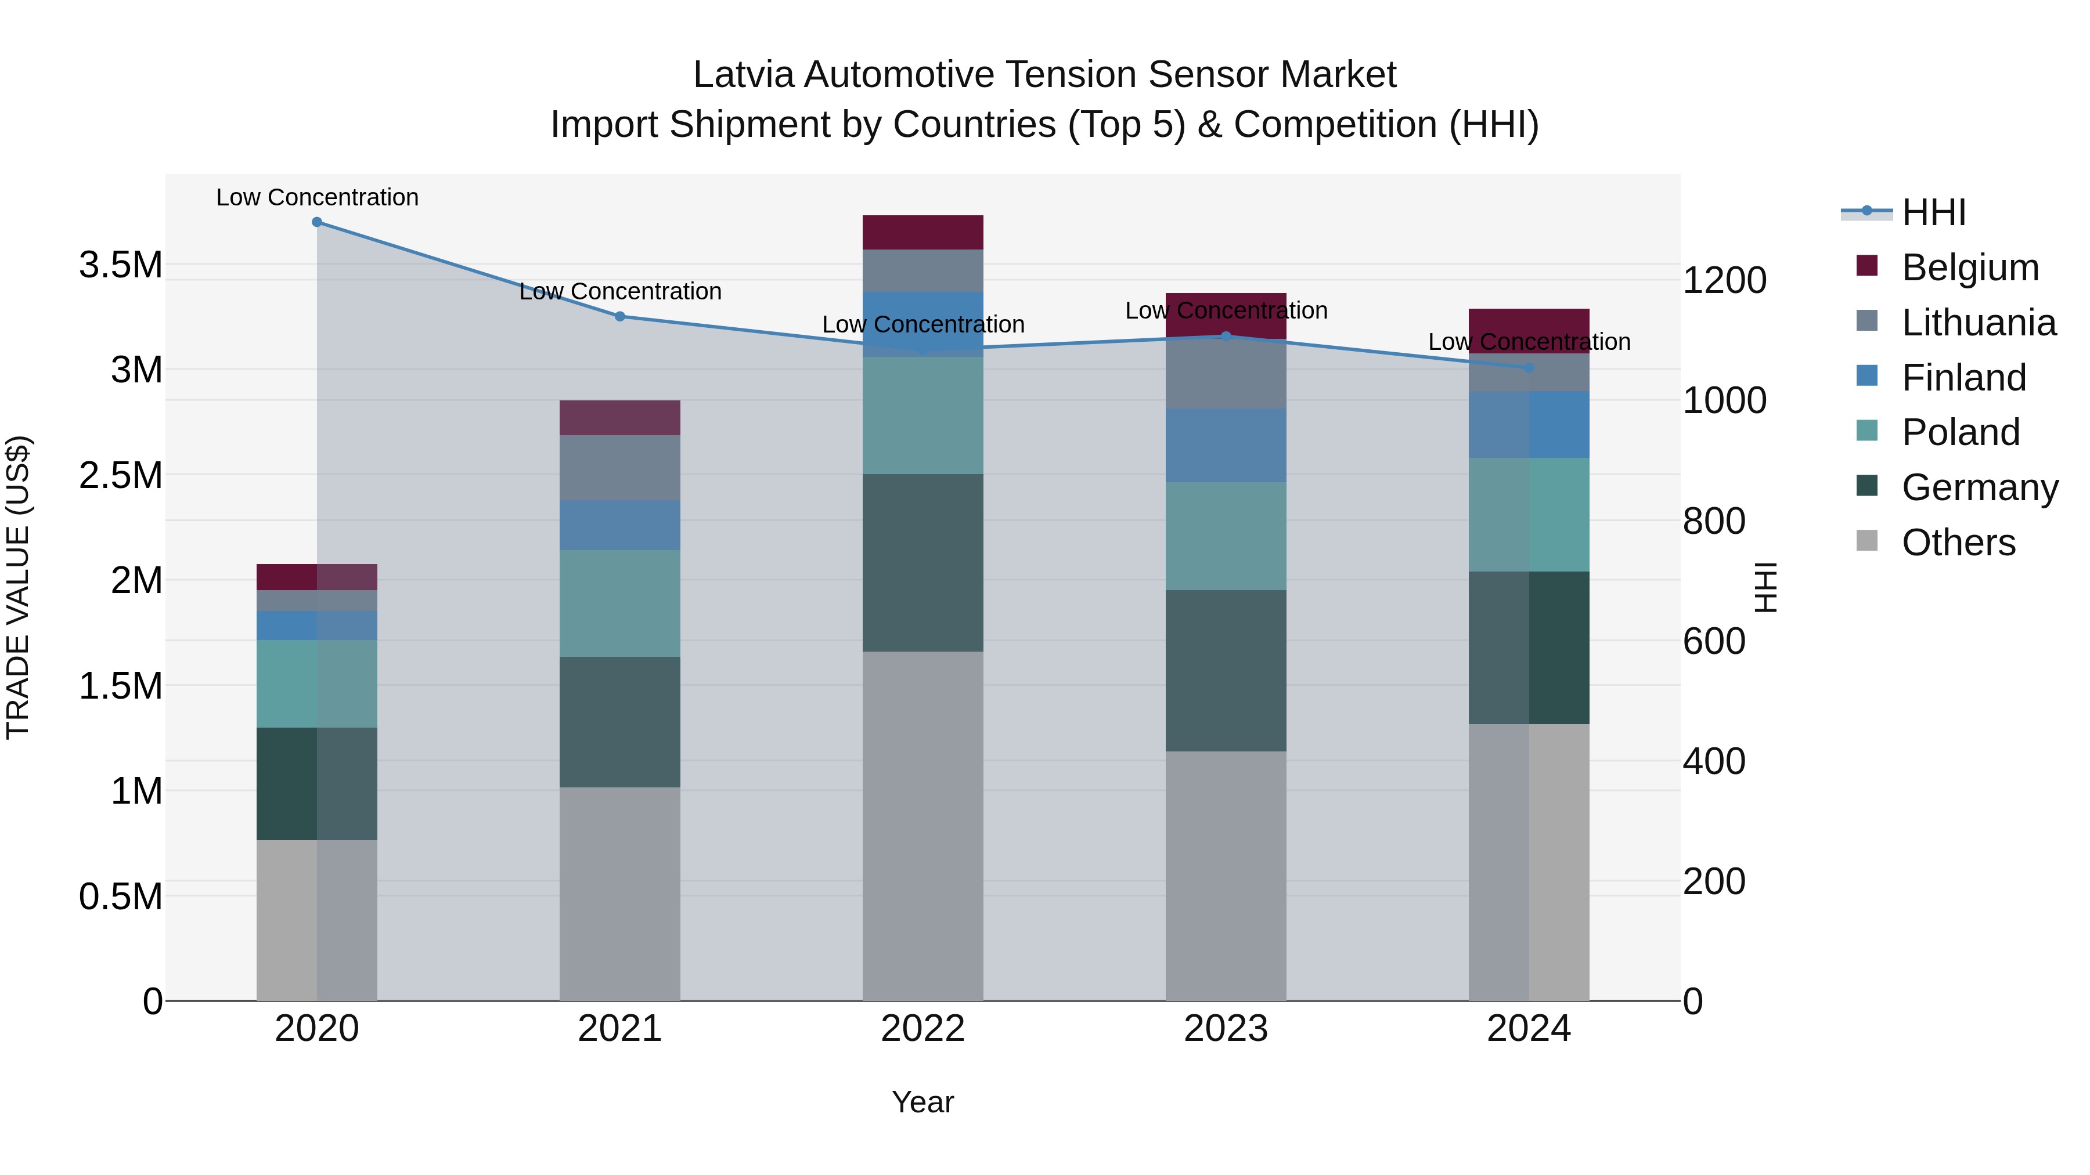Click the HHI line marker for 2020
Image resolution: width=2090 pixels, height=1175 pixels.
click(317, 222)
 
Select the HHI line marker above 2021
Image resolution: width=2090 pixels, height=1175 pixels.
click(620, 316)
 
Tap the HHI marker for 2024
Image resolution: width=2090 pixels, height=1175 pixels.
click(1529, 368)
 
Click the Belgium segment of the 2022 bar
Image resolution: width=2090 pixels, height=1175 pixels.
click(923, 233)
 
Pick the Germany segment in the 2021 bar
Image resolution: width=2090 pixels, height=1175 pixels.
click(620, 722)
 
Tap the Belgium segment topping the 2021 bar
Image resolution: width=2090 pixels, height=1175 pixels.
click(620, 418)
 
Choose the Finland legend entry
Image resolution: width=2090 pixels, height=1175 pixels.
click(1963, 378)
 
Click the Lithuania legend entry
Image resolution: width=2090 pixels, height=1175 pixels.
click(1978, 323)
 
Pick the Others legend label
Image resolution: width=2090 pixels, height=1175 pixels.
click(1958, 543)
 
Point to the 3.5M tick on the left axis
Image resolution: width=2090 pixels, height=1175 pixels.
click(120, 265)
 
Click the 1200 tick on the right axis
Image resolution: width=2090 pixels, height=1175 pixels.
click(1724, 281)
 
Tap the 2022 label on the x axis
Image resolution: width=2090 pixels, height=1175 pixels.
click(923, 1029)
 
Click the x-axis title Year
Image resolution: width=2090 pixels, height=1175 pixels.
click(923, 1102)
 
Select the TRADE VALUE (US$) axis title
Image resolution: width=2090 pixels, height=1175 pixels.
click(18, 587)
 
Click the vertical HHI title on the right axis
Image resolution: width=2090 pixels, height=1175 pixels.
click(1765, 587)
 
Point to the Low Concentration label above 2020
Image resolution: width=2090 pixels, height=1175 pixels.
click(317, 197)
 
